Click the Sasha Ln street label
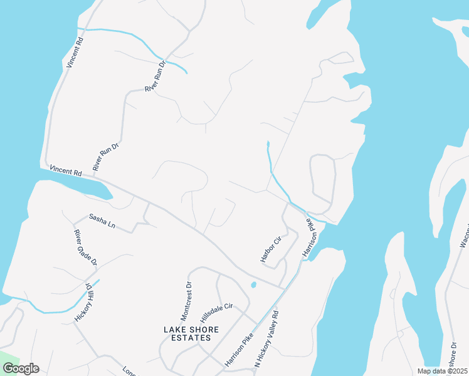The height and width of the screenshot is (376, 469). coord(102,221)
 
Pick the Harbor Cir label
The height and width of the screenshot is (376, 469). coord(270,249)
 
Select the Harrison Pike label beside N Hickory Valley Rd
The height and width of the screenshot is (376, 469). coord(239,350)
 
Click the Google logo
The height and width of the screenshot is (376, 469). coord(21,368)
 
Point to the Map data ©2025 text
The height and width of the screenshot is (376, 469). coord(441,371)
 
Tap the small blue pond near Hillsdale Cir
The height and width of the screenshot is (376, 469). coord(253,285)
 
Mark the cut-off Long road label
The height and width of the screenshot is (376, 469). coord(130,371)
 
